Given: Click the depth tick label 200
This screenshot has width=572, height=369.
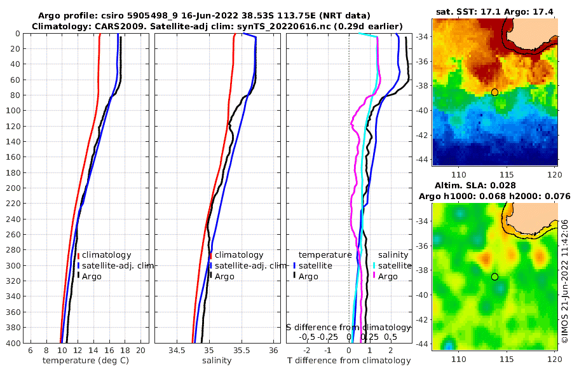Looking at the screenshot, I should coord(13,188).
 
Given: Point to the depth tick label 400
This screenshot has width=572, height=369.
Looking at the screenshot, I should coord(13,343).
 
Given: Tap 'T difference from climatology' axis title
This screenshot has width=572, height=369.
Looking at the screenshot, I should coord(350,361).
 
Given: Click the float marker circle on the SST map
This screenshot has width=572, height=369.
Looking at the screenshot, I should coord(494,92).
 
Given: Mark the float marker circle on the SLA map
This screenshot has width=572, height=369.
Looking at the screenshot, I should coord(494,277).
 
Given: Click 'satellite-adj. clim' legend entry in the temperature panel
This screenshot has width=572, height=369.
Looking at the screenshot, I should coord(119,265).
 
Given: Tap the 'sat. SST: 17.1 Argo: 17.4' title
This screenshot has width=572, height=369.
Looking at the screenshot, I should coord(494,11).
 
